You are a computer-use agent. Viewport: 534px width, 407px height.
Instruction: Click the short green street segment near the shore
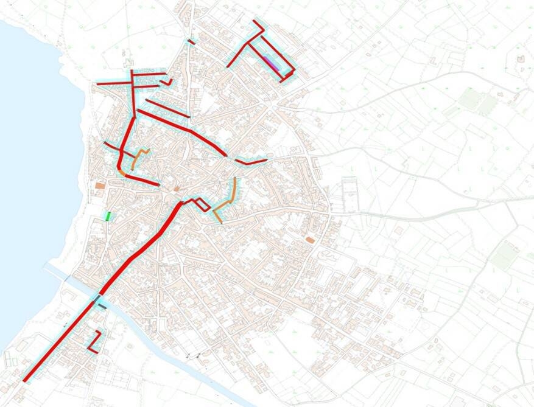tap(108, 215)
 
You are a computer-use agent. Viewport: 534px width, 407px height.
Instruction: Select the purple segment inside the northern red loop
tap(272, 63)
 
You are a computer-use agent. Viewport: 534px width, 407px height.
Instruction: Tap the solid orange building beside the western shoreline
tap(100, 185)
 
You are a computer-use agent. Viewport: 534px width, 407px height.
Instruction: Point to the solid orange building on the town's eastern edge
tap(310, 240)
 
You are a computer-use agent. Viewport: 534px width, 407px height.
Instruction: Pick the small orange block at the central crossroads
tap(177, 189)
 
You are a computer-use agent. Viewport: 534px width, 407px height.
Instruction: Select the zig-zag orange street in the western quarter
tap(139, 158)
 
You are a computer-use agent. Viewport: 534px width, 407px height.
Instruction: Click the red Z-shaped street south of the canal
tap(94, 341)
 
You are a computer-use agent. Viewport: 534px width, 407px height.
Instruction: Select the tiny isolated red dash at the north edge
tap(191, 41)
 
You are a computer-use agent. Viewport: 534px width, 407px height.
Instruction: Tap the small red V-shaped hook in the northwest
tap(167, 82)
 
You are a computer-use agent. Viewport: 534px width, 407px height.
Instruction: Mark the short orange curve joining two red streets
tap(122, 173)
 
